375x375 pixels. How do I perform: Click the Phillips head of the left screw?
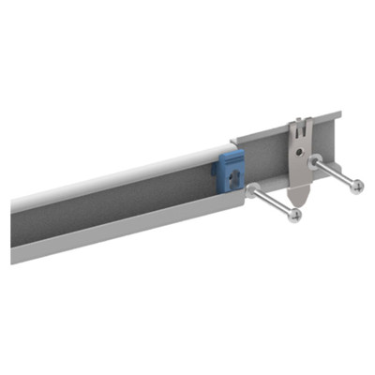pos(295,216)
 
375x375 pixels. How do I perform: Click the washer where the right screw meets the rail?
pos(315,160)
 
